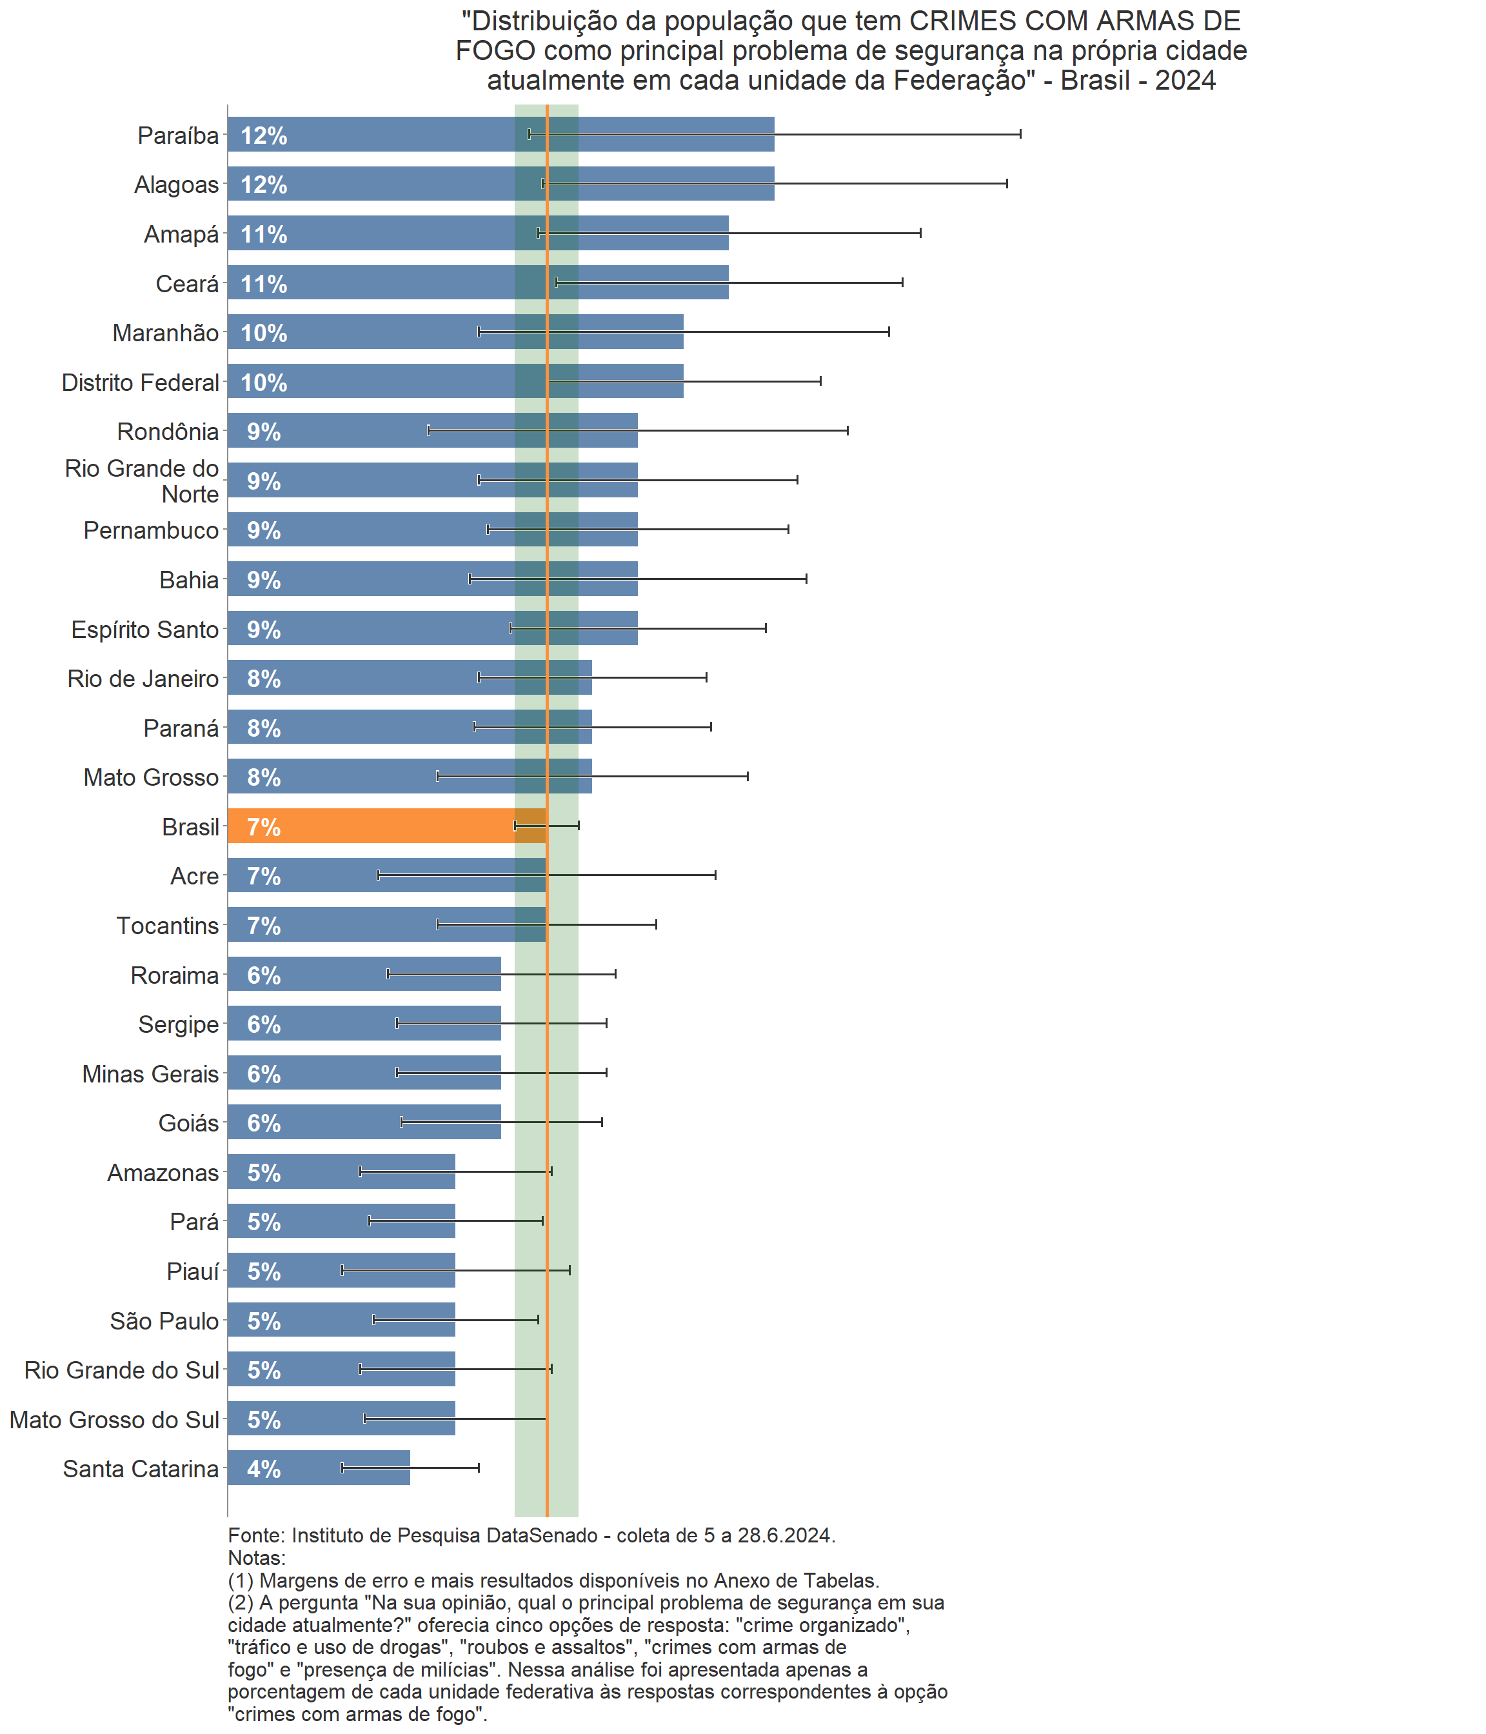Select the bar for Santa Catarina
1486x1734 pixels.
point(318,1468)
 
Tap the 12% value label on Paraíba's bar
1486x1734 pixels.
point(264,135)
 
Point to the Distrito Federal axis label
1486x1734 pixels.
point(140,383)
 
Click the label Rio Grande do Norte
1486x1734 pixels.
point(143,481)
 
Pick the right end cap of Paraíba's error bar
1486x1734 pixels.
point(1020,134)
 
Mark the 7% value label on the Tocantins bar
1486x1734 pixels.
point(264,926)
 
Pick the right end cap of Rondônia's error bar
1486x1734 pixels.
point(847,430)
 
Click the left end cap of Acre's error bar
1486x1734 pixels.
point(378,875)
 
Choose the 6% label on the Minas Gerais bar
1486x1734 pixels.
point(264,1073)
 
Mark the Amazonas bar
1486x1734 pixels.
point(341,1171)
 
